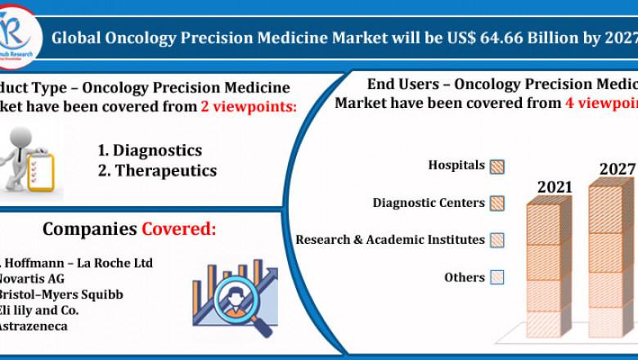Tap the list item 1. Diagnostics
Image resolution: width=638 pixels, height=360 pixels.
click(150, 151)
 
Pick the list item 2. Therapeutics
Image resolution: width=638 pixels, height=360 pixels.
click(157, 170)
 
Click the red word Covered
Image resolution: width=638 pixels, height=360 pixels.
click(179, 228)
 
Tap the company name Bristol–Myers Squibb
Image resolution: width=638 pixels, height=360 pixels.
click(61, 294)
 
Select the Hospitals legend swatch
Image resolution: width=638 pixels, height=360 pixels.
click(496, 166)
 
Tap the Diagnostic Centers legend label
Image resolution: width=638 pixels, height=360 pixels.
click(429, 203)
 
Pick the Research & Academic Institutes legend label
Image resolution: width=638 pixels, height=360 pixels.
click(390, 240)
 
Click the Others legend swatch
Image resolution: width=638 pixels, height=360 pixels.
click(496, 277)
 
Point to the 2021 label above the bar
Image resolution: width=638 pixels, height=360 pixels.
click(554, 187)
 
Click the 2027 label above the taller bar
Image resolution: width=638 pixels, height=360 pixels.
click(617, 169)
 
